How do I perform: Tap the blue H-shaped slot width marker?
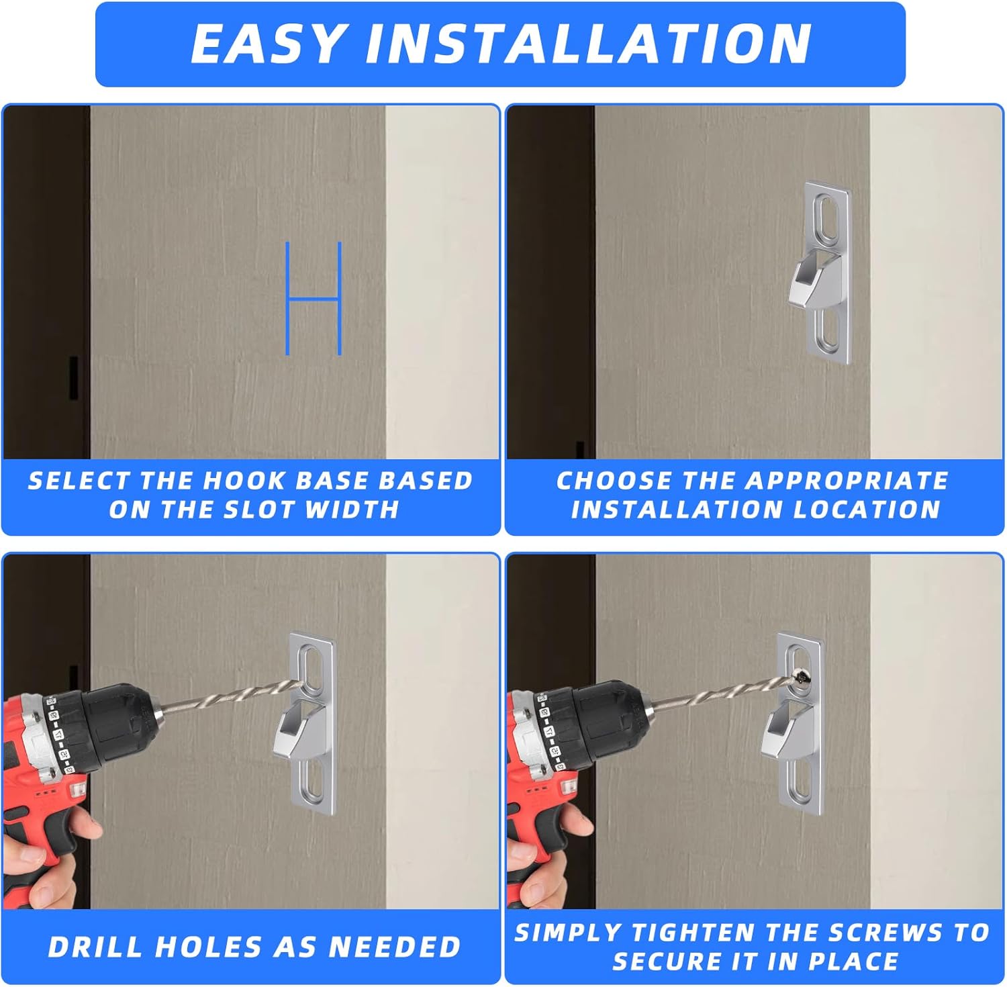[x=314, y=298]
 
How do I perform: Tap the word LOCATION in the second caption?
[x=867, y=510]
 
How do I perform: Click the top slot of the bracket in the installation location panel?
[x=826, y=216]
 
